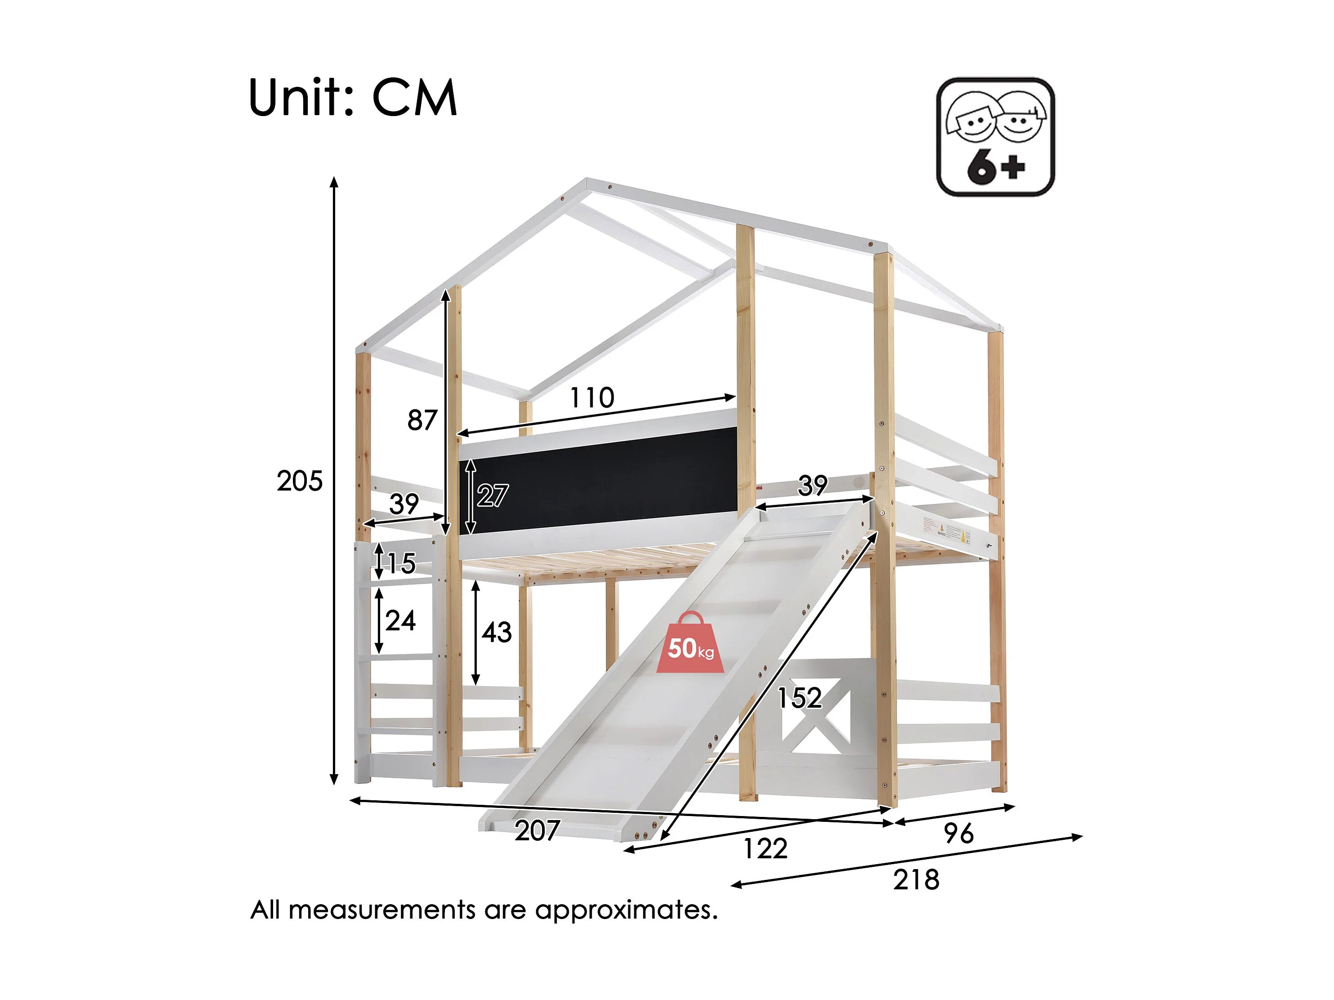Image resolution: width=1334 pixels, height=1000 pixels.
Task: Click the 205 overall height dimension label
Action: [299, 481]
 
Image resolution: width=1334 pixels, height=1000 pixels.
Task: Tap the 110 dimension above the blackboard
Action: [592, 398]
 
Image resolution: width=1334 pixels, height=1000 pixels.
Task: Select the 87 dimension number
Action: [422, 421]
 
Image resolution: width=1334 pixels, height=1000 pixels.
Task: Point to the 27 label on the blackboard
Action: [492, 496]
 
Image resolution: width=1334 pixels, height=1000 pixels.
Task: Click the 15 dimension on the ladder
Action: [400, 563]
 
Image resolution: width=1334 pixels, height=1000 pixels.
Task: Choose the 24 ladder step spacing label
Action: [400, 621]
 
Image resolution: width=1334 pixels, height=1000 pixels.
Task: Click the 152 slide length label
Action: [799, 698]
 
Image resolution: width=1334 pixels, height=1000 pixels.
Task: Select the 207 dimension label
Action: [537, 830]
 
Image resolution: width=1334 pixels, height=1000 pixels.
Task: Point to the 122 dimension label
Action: [765, 848]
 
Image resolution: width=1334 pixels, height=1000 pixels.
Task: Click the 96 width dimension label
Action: [958, 834]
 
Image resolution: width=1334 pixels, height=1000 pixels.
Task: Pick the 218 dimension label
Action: [916, 880]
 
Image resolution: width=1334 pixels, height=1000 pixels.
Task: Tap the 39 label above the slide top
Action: [813, 485]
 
